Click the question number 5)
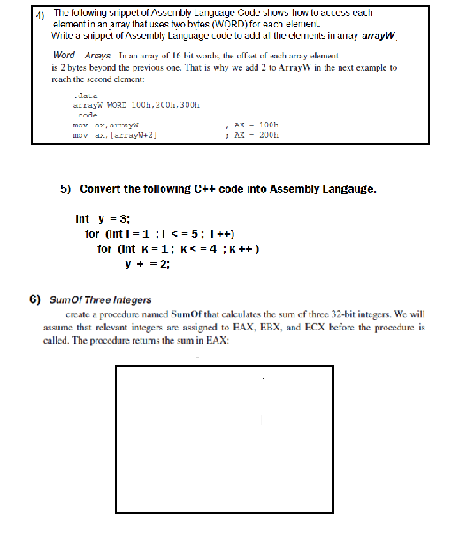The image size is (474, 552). pyautogui.click(x=66, y=189)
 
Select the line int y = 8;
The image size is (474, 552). pyautogui.click(x=103, y=219)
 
